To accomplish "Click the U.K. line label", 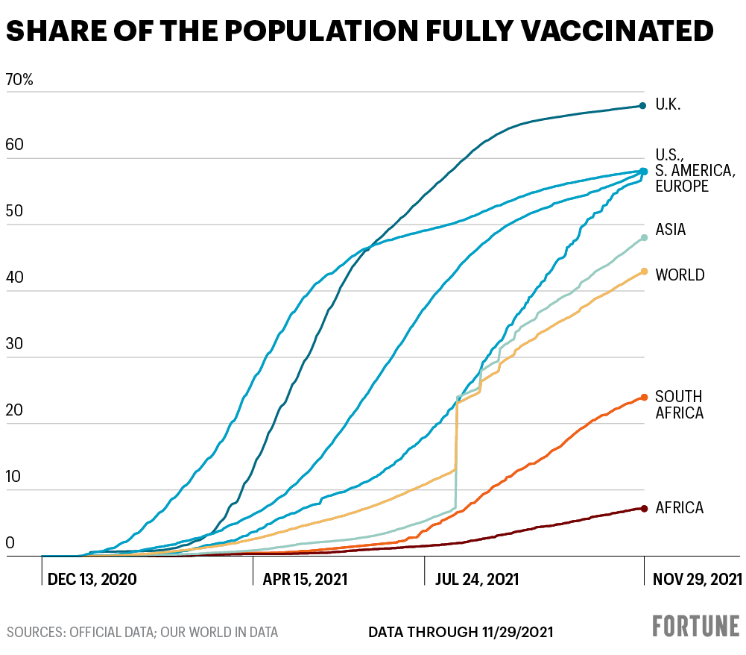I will tap(668, 104).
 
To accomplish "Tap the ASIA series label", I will tap(670, 230).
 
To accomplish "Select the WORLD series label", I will tap(680, 275).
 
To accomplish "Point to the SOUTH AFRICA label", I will tap(679, 404).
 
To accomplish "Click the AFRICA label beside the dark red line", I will tap(679, 509).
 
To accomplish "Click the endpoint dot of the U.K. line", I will tap(642, 106).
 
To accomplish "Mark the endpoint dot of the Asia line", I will tap(644, 238).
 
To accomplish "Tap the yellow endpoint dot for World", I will tap(644, 272).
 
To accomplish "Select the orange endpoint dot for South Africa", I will tap(644, 398).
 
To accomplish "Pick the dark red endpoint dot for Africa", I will tap(643, 509).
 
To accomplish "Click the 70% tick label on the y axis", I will tap(19, 80).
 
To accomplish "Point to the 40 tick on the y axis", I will tap(14, 278).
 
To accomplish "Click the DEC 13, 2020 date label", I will tap(92, 580).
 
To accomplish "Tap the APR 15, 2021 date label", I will tap(305, 580).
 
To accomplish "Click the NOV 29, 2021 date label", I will tap(698, 580).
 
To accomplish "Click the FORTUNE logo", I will tap(696, 626).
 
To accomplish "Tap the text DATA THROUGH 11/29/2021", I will tap(461, 633).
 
